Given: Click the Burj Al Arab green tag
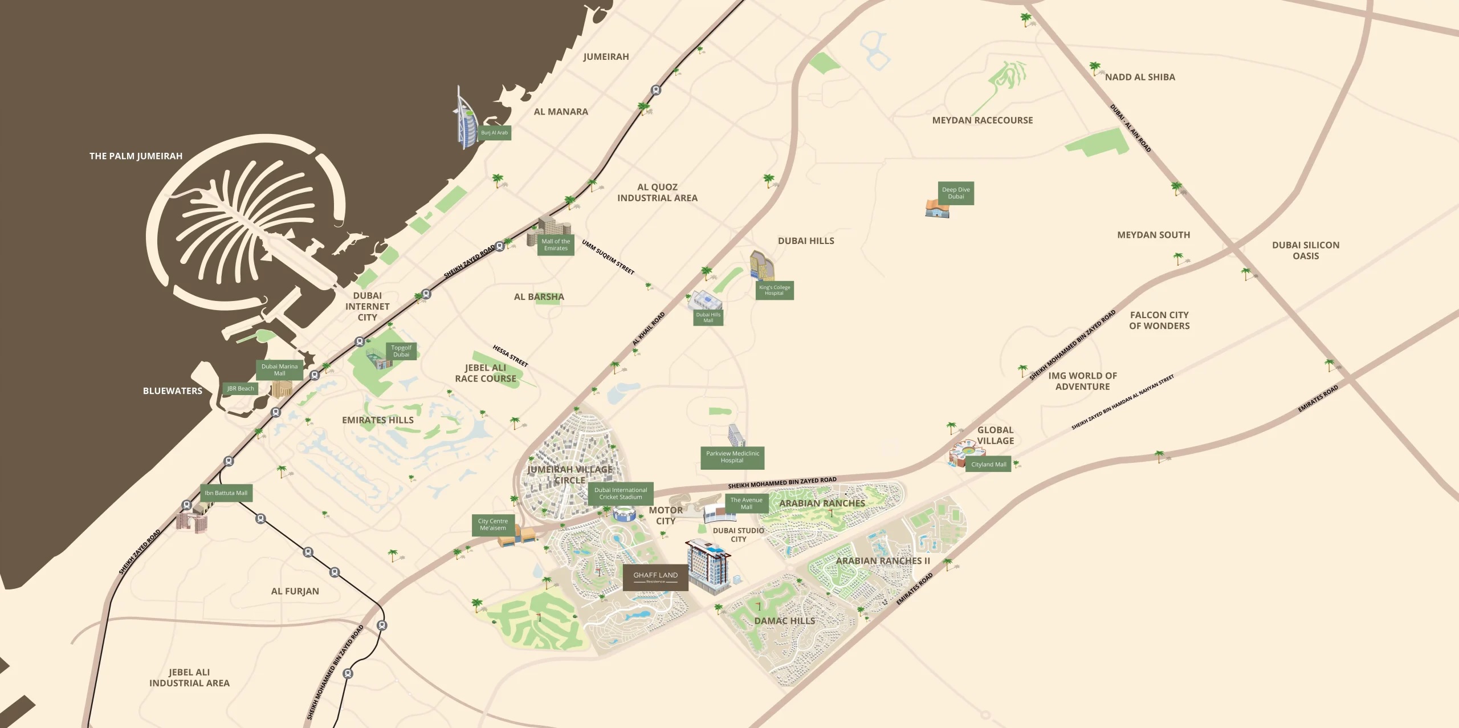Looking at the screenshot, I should click(494, 133).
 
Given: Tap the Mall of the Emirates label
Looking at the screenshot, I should click(556, 245).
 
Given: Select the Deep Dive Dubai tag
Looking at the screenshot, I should click(956, 193).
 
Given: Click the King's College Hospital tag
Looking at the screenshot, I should click(775, 290).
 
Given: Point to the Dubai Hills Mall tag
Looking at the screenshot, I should click(708, 318).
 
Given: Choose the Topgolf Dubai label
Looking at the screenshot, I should click(401, 351).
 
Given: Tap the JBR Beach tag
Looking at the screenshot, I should click(241, 389).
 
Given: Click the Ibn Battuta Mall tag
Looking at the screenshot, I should click(226, 493).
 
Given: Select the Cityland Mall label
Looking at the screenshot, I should click(989, 465).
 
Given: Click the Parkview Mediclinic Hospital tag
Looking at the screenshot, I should click(732, 457).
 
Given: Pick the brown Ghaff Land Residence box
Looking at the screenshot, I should click(655, 577).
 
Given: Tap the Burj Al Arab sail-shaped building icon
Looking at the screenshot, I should click(464, 120).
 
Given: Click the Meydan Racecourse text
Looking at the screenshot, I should click(983, 120).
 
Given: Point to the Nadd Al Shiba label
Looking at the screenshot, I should click(1140, 77).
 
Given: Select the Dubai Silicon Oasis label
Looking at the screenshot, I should click(1306, 250).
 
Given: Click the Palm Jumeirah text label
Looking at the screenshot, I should click(136, 156).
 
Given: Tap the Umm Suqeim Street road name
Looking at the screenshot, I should click(608, 257).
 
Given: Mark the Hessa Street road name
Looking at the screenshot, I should click(510, 356).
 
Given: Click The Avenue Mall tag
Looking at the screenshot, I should click(746, 503).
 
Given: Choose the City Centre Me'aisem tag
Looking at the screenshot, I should click(493, 524).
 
